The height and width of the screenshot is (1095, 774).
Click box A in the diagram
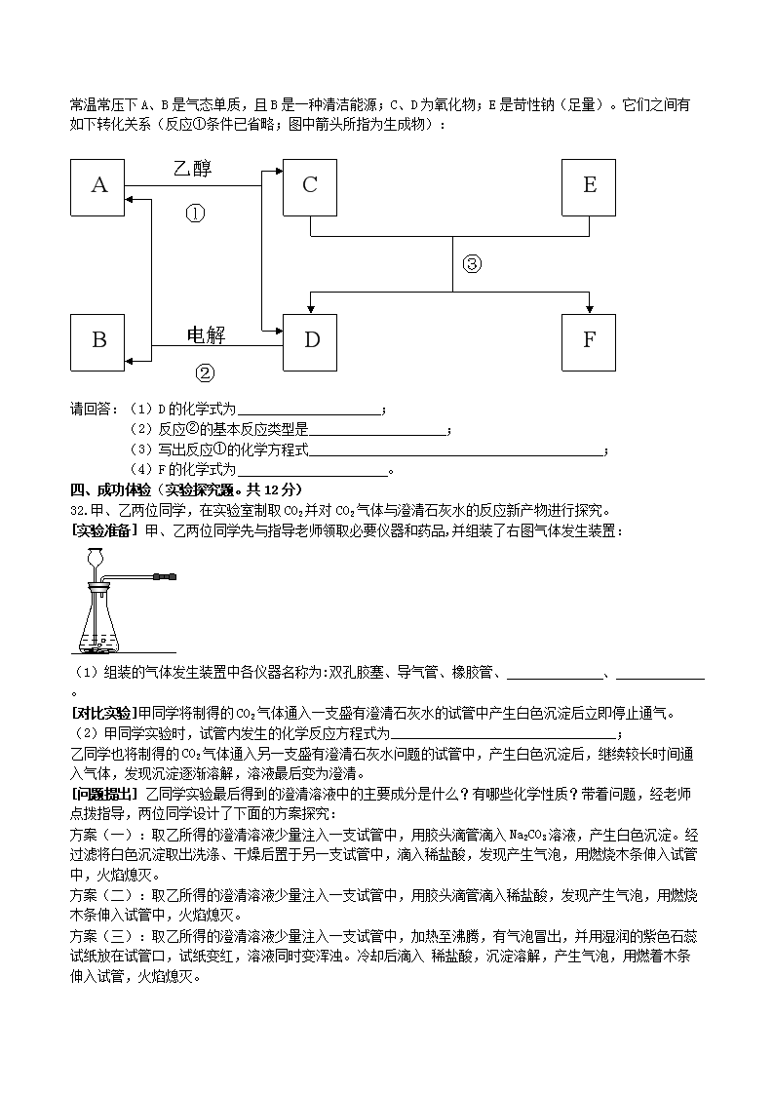point(98,185)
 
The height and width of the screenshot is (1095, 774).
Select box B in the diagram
point(98,341)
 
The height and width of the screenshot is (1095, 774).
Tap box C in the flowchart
point(310,185)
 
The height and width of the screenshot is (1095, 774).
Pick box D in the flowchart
point(310,341)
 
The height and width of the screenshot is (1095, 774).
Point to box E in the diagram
point(589,185)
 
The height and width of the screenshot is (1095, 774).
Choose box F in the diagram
point(589,341)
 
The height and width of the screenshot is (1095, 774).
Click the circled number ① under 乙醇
point(196,214)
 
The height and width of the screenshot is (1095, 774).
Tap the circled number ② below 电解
point(205,372)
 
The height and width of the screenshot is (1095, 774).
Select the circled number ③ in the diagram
point(472,263)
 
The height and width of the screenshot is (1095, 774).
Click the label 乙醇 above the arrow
point(192,169)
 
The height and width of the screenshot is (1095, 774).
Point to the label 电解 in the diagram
point(205,335)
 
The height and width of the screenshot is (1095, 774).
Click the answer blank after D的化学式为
point(309,411)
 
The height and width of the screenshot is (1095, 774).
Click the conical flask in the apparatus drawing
point(101,624)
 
